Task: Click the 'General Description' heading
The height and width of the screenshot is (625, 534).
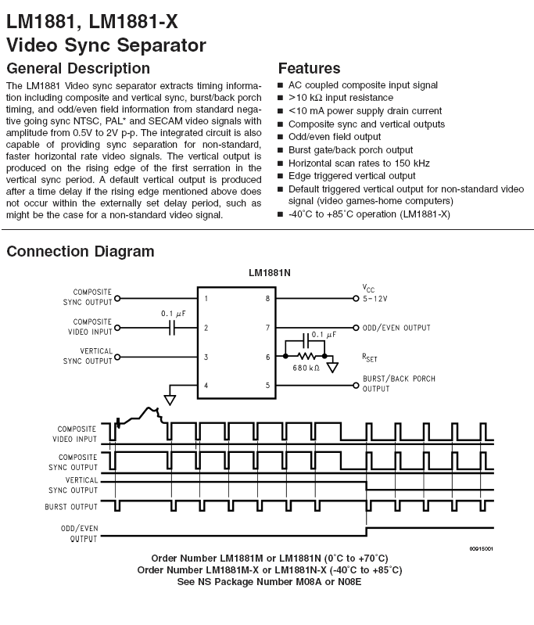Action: (78, 69)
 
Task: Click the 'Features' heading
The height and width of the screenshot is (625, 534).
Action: (310, 68)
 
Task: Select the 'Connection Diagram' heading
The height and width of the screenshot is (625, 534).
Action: (81, 252)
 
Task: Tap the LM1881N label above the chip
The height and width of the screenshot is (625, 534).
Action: (270, 273)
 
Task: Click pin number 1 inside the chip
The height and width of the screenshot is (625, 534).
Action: (206, 299)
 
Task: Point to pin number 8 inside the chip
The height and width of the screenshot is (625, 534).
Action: (268, 299)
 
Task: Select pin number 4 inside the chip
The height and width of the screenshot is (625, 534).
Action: (206, 386)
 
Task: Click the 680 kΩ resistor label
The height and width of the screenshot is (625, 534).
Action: (306, 368)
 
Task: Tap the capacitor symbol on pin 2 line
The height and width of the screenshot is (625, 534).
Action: (172, 328)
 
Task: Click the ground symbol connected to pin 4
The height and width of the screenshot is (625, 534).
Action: (170, 400)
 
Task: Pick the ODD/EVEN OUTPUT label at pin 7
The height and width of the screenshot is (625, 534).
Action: (396, 328)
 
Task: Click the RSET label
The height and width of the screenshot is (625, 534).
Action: (369, 357)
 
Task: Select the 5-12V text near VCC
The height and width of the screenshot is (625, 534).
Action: (375, 299)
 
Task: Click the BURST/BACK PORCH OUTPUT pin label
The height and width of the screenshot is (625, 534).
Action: (399, 383)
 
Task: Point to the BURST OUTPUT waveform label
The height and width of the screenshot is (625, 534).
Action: (71, 507)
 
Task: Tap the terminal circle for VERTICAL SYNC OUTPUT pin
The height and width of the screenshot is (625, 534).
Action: (117, 357)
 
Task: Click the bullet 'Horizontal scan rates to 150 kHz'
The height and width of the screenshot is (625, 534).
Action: (359, 163)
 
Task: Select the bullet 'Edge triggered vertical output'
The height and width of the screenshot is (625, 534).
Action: (352, 176)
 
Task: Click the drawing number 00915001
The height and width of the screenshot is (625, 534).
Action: (481, 549)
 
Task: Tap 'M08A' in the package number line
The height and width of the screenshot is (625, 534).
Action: (309, 581)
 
